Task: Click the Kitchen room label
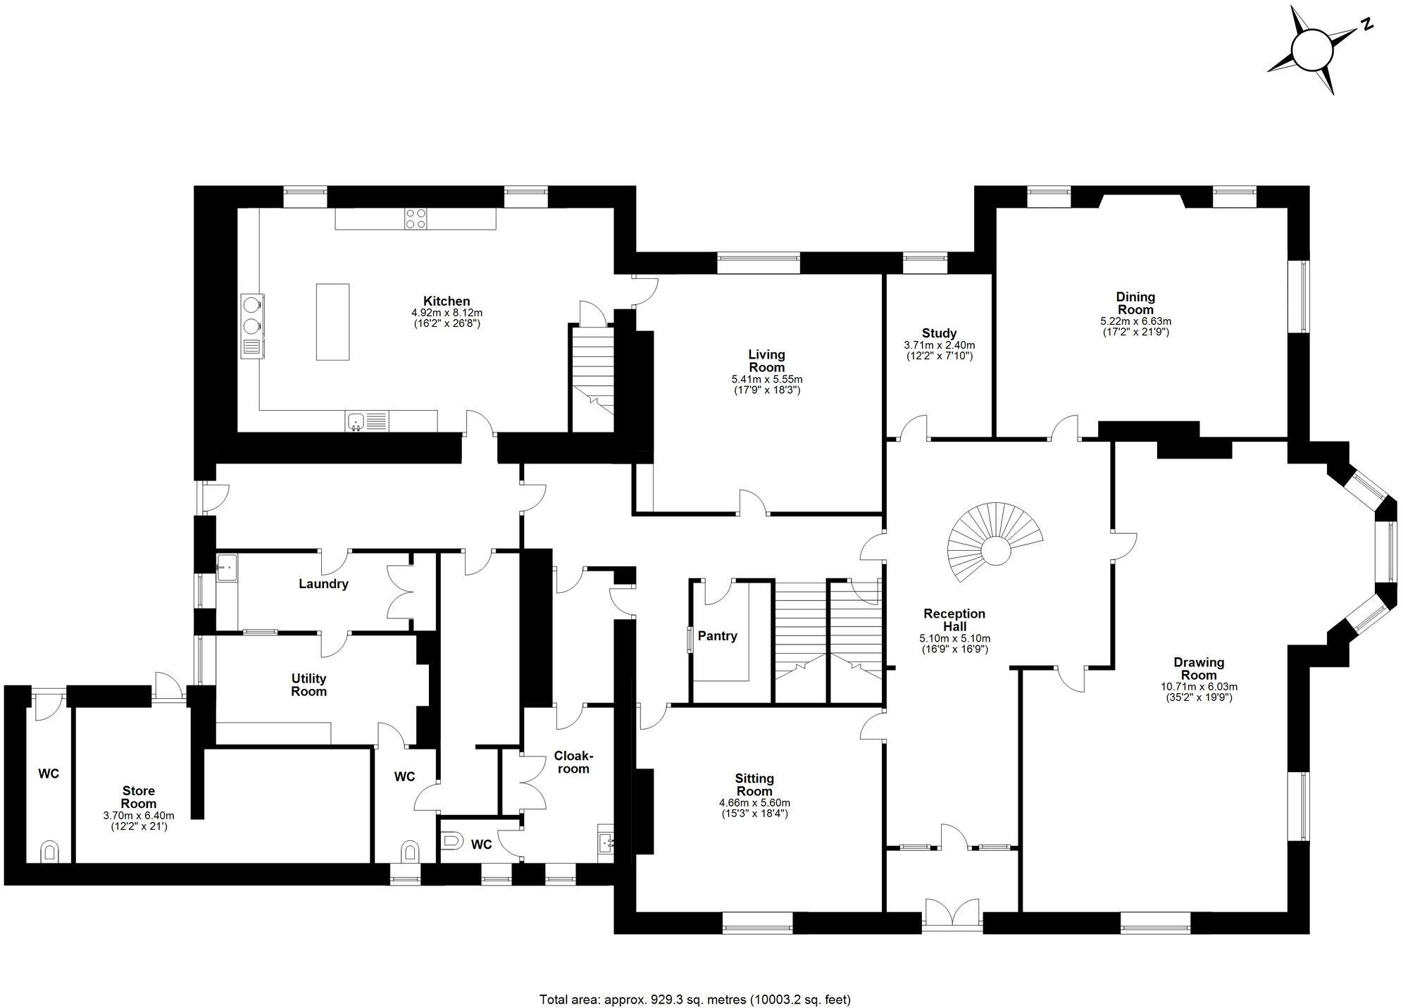click(447, 301)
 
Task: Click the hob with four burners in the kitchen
click(415, 219)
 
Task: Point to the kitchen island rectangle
click(332, 321)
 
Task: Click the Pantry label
click(717, 636)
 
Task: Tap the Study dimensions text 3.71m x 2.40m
click(939, 346)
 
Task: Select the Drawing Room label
click(1199, 668)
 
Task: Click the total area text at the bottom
click(694, 980)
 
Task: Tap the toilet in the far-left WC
click(49, 852)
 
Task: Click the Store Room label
click(138, 797)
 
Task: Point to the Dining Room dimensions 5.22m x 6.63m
click(1135, 321)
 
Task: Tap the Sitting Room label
click(754, 785)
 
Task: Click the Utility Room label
click(308, 685)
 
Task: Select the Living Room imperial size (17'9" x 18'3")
click(766, 390)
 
